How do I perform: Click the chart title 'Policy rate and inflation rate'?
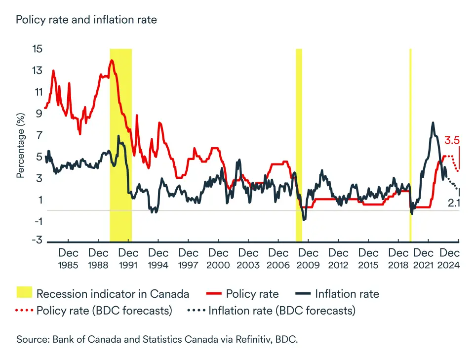pyautogui.click(x=86, y=20)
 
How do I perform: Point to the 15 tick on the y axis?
pyautogui.click(x=37, y=49)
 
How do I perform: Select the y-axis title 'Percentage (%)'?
pyautogui.click(x=21, y=145)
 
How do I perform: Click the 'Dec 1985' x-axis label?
pyautogui.click(x=68, y=259)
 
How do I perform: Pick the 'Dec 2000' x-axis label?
pyautogui.click(x=218, y=259)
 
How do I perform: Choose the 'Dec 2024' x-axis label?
pyautogui.click(x=450, y=259)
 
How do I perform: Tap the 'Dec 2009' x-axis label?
pyautogui.click(x=309, y=259)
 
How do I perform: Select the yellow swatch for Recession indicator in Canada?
pyautogui.click(x=24, y=293)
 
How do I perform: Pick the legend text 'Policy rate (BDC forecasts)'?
pyautogui.click(x=105, y=311)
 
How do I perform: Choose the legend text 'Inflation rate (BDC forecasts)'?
pyautogui.click(x=282, y=311)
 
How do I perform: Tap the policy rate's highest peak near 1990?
pyautogui.click(x=112, y=61)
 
